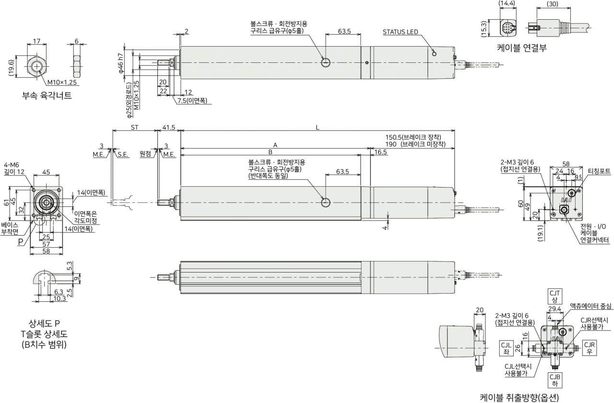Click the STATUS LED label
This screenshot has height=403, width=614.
pyautogui.click(x=400, y=32)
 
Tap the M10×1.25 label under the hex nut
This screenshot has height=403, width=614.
pyautogui.click(x=62, y=82)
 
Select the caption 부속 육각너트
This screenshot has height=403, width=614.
pyautogui.click(x=47, y=95)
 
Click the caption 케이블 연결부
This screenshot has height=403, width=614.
pyautogui.click(x=521, y=47)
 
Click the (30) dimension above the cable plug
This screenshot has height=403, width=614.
pyautogui.click(x=552, y=4)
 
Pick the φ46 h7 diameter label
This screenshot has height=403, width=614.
pyautogui.click(x=120, y=63)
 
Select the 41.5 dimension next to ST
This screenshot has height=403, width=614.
pyautogui.click(x=168, y=127)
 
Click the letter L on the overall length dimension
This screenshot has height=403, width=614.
pyautogui.click(x=318, y=128)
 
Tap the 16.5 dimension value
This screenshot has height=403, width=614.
pyautogui.click(x=380, y=152)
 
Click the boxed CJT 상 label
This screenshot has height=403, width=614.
pyautogui.click(x=555, y=296)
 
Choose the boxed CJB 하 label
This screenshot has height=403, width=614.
pyautogui.click(x=555, y=380)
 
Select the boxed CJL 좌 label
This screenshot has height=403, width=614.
pyautogui.click(x=506, y=348)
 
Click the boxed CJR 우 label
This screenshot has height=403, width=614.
pyautogui.click(x=590, y=348)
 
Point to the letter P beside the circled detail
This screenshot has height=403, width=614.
pyautogui.click(x=21, y=242)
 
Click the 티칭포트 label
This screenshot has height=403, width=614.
pyautogui.click(x=599, y=171)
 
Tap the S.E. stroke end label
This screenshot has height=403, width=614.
pyautogui.click(x=123, y=154)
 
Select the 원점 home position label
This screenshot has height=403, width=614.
pyautogui.click(x=145, y=154)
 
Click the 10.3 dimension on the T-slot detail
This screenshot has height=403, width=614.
pyautogui.click(x=59, y=298)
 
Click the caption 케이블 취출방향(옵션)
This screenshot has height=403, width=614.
pyautogui.click(x=519, y=397)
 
